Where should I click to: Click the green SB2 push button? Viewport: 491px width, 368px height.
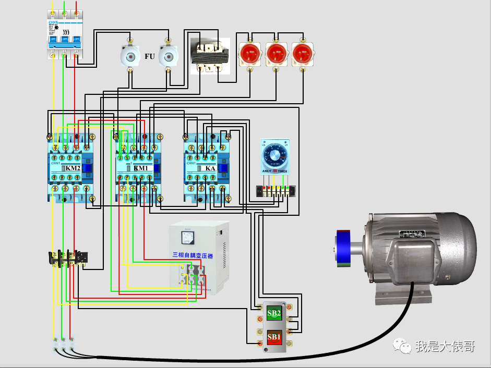[274, 313]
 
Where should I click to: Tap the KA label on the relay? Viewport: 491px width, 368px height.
[210, 168]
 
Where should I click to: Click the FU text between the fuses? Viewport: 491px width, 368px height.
[150, 56]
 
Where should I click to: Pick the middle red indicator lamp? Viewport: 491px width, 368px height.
[276, 53]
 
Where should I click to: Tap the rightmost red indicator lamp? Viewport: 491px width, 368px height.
[303, 53]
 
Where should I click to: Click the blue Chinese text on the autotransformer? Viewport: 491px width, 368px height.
[193, 256]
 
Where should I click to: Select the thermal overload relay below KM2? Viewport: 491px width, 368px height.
[68, 257]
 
